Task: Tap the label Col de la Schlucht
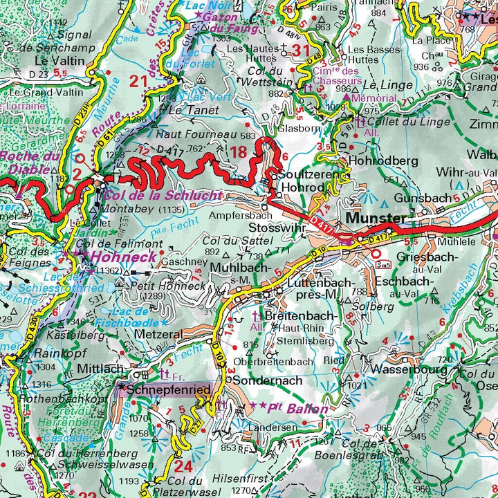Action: click(163, 196)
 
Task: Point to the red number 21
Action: click(139, 81)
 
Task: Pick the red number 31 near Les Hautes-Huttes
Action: click(301, 50)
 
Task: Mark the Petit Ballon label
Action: click(294, 409)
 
